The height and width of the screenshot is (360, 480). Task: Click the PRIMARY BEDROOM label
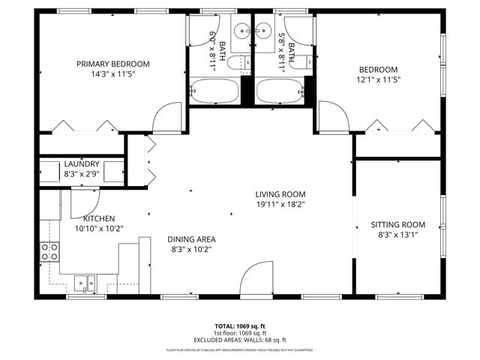point(113,64)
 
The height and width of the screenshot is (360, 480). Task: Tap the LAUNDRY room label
point(82,164)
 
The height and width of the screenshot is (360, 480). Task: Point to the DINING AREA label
point(191,239)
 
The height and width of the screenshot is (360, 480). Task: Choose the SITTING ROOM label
point(397,224)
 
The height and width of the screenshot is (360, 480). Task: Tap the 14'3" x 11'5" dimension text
point(113,74)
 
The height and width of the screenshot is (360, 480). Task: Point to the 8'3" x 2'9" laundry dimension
point(82,174)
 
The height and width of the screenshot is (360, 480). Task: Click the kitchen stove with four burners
point(50,252)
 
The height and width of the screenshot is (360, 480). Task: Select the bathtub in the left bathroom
point(214,91)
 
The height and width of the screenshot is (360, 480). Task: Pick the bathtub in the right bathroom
point(280,91)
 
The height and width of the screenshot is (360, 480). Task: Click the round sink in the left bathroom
point(241,31)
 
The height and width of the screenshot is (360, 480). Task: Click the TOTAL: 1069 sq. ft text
point(240,326)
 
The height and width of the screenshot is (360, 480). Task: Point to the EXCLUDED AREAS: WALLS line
point(240,340)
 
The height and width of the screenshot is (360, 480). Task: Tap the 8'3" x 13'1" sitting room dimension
point(397,234)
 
